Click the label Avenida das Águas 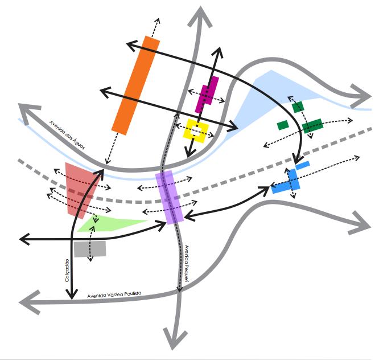68,133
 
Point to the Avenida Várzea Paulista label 114,295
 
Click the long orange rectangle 135,86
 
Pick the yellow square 196,130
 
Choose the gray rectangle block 90,249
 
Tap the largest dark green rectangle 312,126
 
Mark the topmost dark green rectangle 298,106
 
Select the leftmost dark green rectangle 283,125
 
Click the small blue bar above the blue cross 303,165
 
